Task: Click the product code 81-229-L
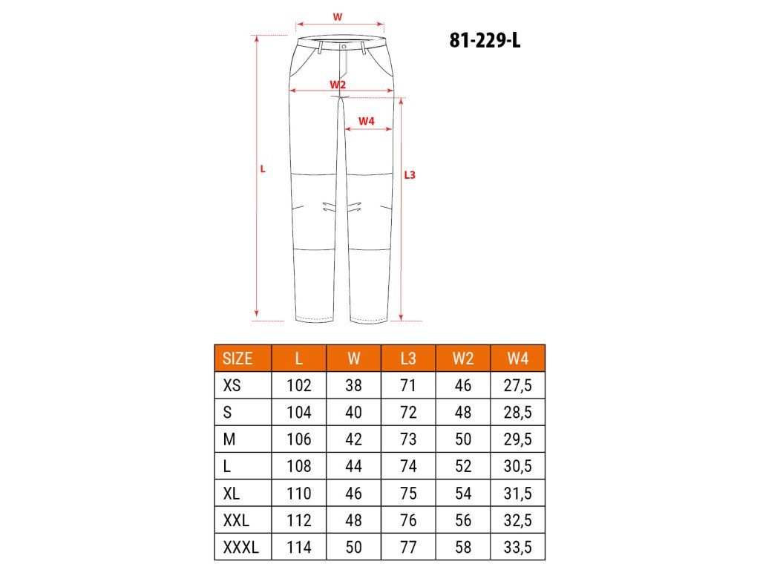click(x=485, y=40)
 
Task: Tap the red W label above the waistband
click(x=338, y=17)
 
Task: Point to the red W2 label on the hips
click(x=338, y=85)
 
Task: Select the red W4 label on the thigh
click(x=367, y=121)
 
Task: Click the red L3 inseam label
click(x=410, y=175)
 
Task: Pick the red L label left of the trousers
click(x=263, y=169)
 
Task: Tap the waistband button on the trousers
click(x=344, y=47)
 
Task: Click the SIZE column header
click(x=237, y=358)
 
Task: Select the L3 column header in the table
click(x=408, y=358)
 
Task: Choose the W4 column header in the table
click(x=517, y=358)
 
